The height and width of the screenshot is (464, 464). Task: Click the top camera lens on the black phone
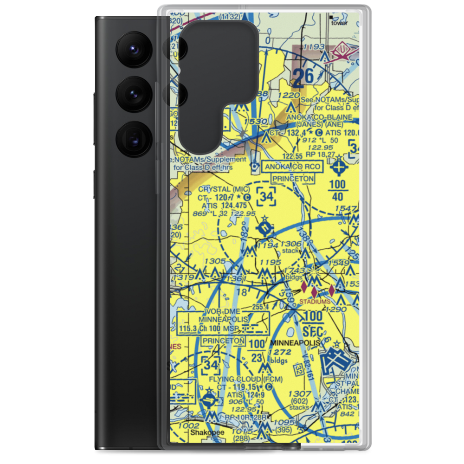[x=135, y=49]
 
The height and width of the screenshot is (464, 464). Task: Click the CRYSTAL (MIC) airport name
[x=224, y=189]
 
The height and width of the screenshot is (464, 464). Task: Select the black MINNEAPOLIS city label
[x=295, y=342]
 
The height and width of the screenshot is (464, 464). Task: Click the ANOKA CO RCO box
[x=291, y=166]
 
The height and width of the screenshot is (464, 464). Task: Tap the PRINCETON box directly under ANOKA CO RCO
[x=293, y=179]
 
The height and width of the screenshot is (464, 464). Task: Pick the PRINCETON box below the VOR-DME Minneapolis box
[x=223, y=341]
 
